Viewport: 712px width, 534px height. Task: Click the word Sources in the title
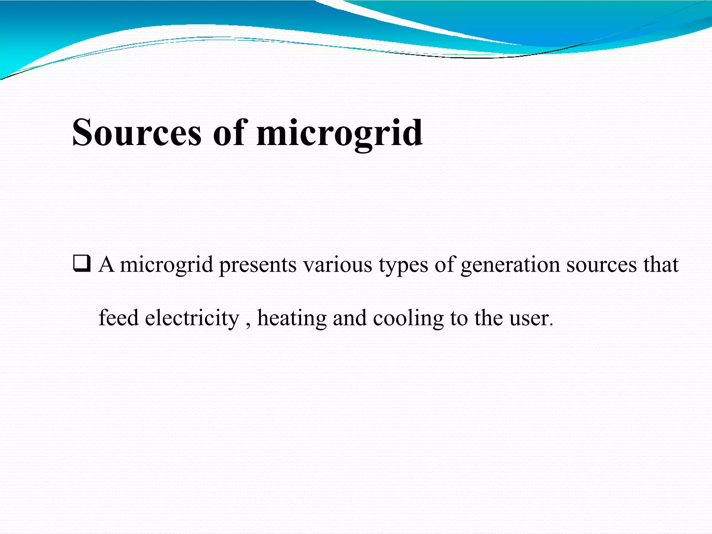pyautogui.click(x=137, y=133)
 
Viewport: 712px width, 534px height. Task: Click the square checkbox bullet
pyautogui.click(x=82, y=264)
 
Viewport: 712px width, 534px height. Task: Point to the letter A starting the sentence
pyautogui.click(x=106, y=265)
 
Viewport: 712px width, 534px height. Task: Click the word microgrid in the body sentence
pyautogui.click(x=166, y=265)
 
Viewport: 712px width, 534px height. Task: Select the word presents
pyautogui.click(x=258, y=265)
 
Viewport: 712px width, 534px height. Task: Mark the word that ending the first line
pyautogui.click(x=661, y=265)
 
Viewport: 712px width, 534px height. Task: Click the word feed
pyautogui.click(x=119, y=318)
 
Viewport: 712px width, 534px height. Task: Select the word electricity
pyautogui.click(x=192, y=318)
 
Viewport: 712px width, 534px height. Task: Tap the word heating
pyautogui.click(x=292, y=318)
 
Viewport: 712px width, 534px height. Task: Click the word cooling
pyautogui.click(x=408, y=318)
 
